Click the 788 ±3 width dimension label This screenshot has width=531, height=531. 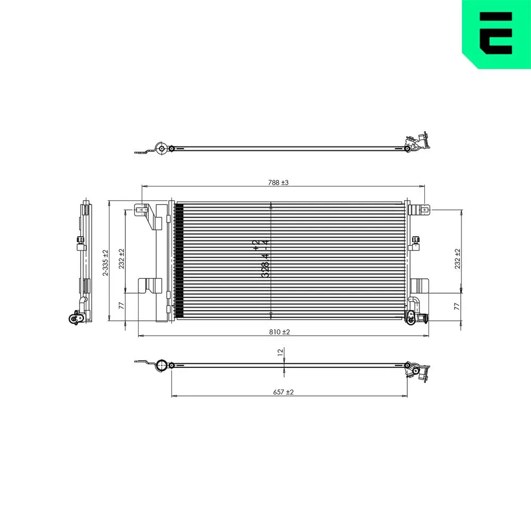point(278,183)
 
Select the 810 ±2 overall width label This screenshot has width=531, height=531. point(279,332)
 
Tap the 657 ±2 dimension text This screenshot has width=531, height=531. point(283,392)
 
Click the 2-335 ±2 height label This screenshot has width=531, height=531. point(106,263)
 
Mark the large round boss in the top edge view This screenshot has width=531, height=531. point(161,148)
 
